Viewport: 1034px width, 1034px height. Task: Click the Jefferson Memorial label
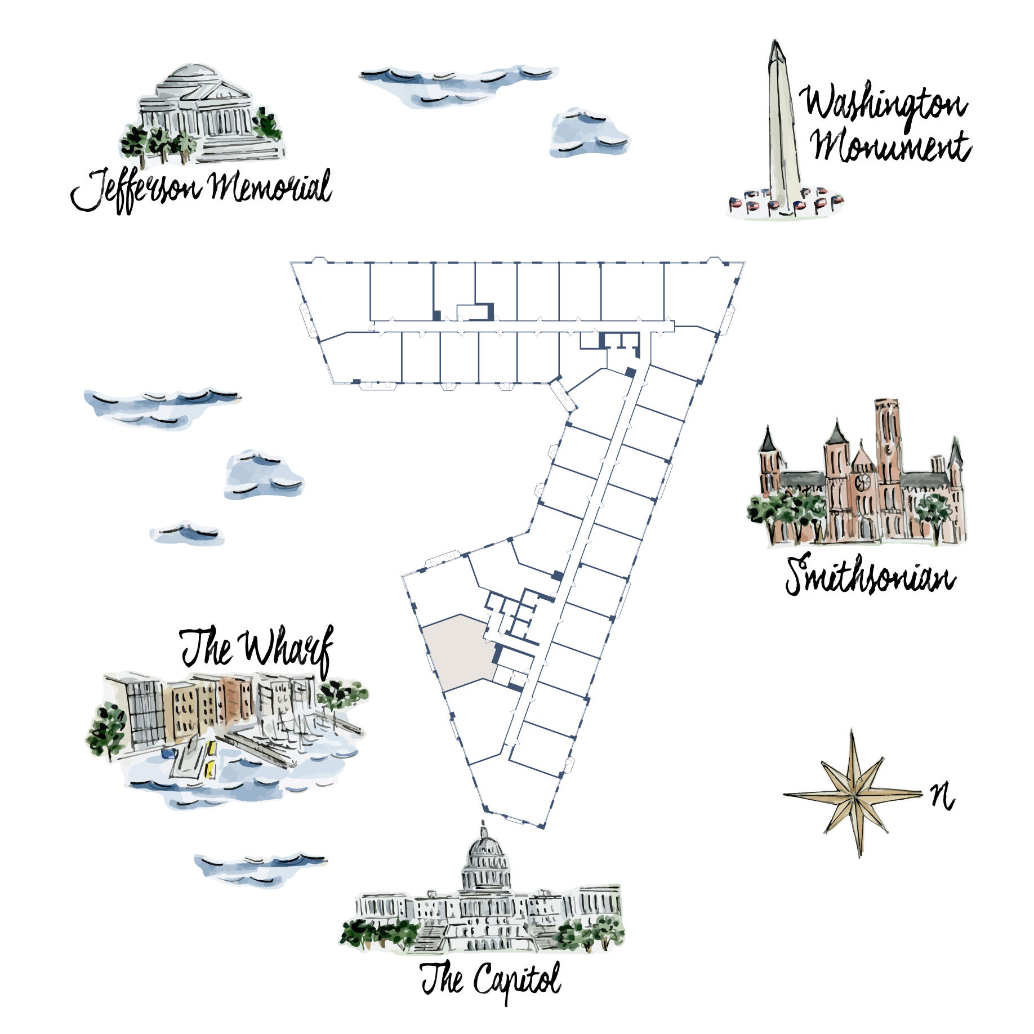pos(201,189)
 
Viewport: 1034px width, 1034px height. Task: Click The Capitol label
pos(491,980)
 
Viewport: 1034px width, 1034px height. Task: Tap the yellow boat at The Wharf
pos(211,759)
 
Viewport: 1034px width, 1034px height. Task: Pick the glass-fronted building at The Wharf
pos(144,712)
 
